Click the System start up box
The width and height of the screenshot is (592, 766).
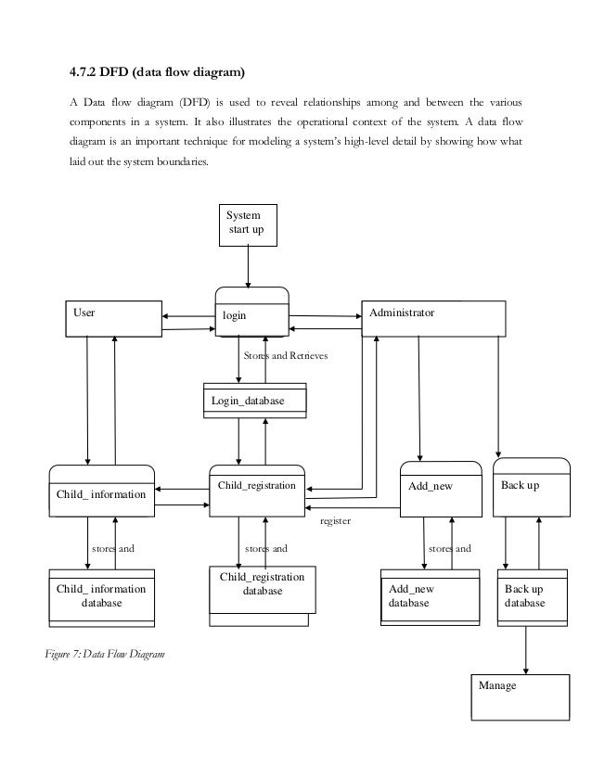(x=247, y=224)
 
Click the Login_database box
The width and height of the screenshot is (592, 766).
(x=254, y=400)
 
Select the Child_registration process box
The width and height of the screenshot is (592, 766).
(x=256, y=491)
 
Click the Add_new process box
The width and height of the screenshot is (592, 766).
(x=441, y=488)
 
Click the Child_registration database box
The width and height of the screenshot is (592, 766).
(x=262, y=591)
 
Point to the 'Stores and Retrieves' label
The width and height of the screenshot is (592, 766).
(x=285, y=355)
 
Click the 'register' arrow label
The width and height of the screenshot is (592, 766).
(x=334, y=522)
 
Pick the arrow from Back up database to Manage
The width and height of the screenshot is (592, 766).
(x=527, y=645)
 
